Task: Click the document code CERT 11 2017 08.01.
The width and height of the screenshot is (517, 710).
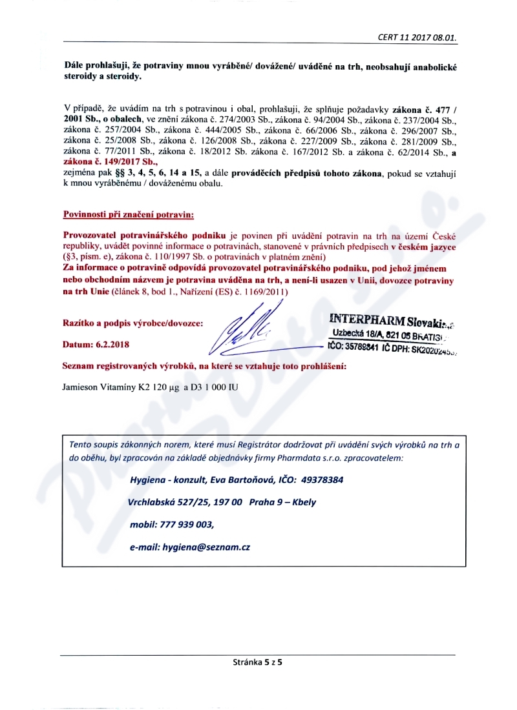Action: point(417,37)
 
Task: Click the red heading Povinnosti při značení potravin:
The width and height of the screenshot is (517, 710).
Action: point(128,214)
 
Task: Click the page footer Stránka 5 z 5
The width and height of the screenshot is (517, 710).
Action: point(258,662)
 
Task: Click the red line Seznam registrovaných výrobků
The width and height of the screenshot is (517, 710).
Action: point(204,366)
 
